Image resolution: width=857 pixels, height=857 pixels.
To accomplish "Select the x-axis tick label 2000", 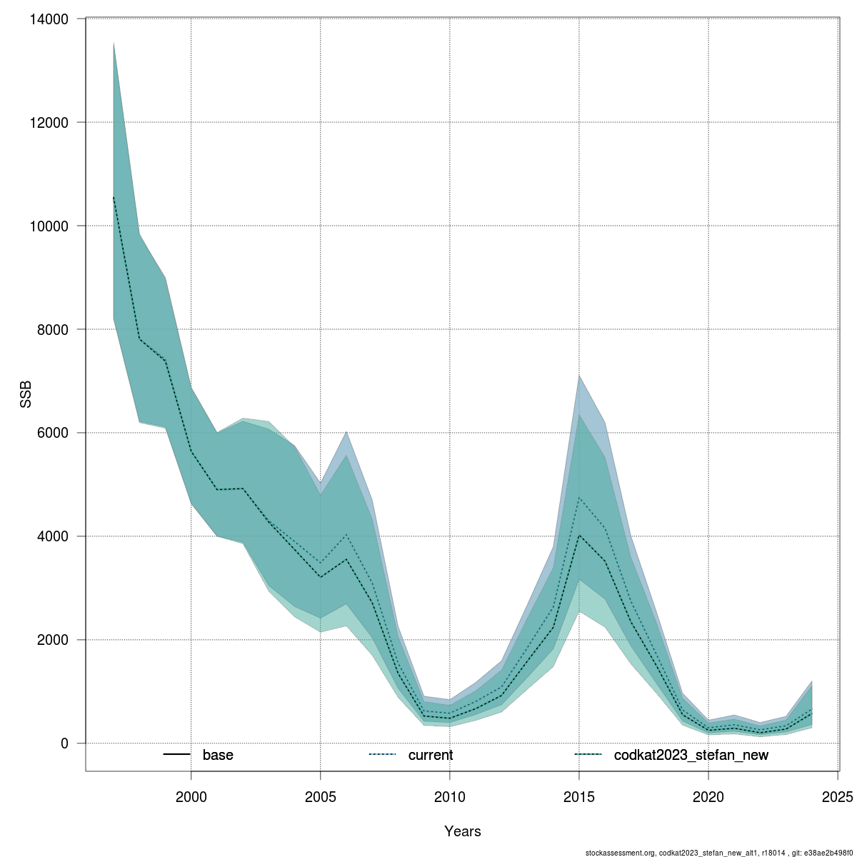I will coord(191,796).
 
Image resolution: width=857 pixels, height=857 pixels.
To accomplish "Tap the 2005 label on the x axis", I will coord(321,796).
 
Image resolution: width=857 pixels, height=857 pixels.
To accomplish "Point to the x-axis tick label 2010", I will coord(450,796).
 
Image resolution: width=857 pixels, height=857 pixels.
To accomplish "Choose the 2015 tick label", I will coord(579,796).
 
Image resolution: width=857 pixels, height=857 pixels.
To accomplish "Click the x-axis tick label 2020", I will coord(708,796).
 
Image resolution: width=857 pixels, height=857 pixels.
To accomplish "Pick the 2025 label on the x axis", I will coord(838,796).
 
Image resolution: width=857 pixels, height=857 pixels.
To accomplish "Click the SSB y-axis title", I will coord(26,395).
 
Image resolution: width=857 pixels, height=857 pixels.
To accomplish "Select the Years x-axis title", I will coord(462,831).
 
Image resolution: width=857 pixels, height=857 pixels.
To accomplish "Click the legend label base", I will coord(218,755).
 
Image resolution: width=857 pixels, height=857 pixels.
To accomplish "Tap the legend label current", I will coord(431,755).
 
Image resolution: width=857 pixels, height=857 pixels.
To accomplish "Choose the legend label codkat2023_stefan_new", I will coord(691,755).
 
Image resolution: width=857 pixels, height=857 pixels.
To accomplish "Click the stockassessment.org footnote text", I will coord(718,853).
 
